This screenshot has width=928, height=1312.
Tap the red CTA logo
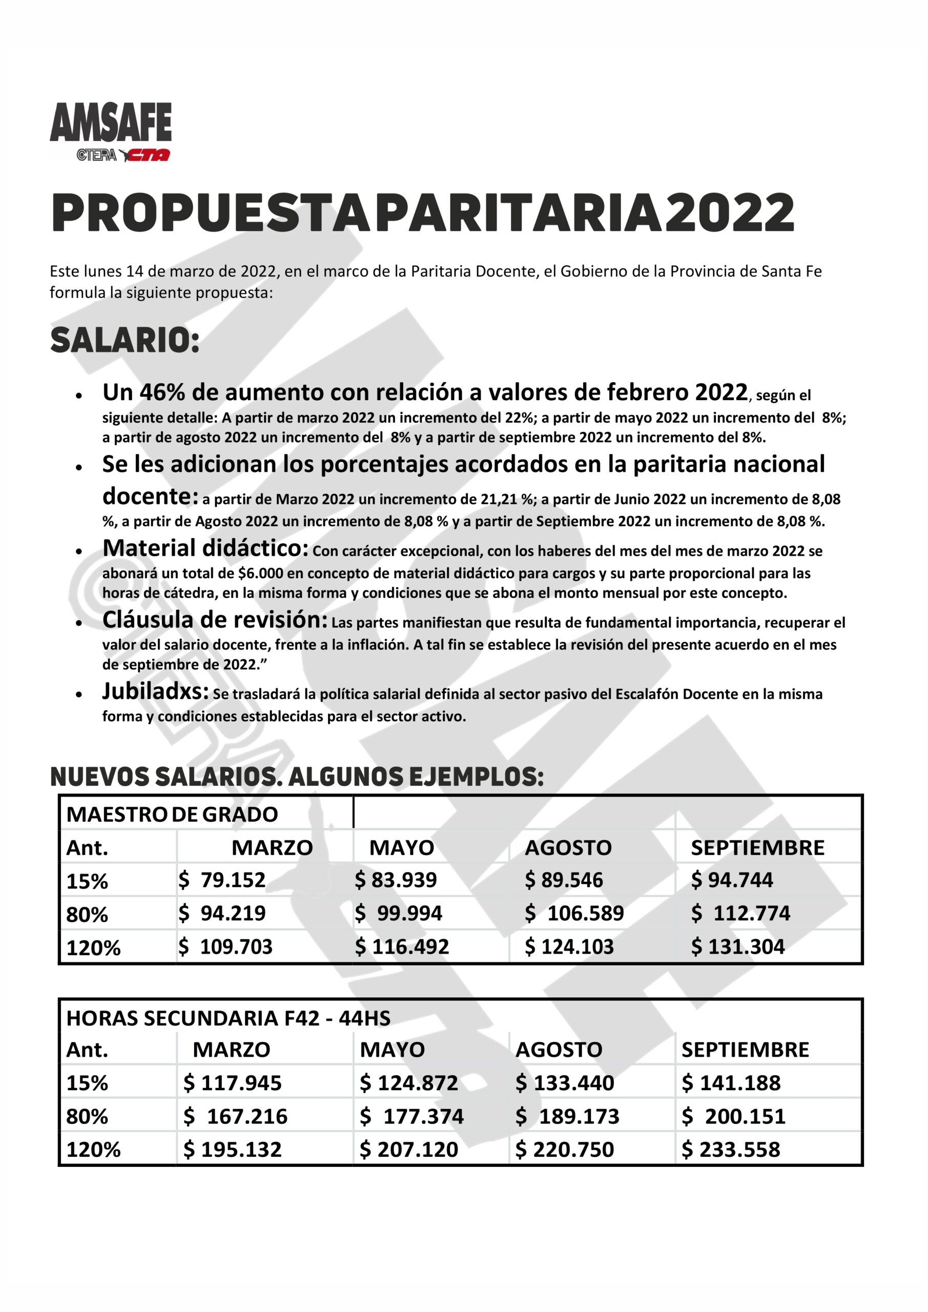click(148, 155)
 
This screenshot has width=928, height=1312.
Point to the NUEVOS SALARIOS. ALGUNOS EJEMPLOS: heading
click(297, 776)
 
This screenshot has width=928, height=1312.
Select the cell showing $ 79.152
click(222, 880)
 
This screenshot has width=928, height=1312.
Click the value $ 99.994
click(398, 913)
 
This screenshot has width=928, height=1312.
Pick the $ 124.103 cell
click(569, 947)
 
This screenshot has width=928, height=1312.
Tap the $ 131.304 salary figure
click(738, 947)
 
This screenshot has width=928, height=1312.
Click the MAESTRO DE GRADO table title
click(172, 814)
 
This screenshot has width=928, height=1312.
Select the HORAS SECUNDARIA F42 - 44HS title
click(229, 1018)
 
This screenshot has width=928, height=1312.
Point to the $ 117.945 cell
click(233, 1083)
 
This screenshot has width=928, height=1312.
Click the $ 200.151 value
click(734, 1116)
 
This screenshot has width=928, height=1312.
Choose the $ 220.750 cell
click(565, 1149)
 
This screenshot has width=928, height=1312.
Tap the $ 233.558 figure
click(731, 1149)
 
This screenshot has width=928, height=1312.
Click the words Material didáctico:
click(205, 548)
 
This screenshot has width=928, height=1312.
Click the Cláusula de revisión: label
click(215, 620)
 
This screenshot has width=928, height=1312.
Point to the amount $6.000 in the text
click(261, 573)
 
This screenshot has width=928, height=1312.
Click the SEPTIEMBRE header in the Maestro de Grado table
click(757, 848)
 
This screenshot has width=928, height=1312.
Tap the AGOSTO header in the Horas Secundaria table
click(559, 1050)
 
